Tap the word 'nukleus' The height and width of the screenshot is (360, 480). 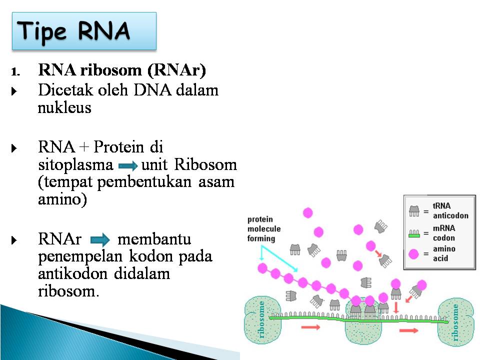[x=64, y=107]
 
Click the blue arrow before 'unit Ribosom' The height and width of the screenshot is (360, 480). [x=127, y=166]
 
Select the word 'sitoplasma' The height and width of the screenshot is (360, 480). [x=75, y=165]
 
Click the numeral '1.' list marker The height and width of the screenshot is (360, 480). [x=15, y=71]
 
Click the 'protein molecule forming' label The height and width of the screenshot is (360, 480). [x=264, y=229]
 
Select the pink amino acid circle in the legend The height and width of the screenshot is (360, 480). [x=413, y=254]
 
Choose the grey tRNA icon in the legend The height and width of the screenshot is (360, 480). [x=413, y=211]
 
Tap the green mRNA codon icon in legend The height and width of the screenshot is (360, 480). [x=413, y=232]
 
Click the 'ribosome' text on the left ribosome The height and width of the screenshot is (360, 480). [x=260, y=320]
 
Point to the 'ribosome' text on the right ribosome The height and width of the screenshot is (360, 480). [x=455, y=322]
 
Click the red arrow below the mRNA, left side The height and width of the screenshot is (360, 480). [x=310, y=327]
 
